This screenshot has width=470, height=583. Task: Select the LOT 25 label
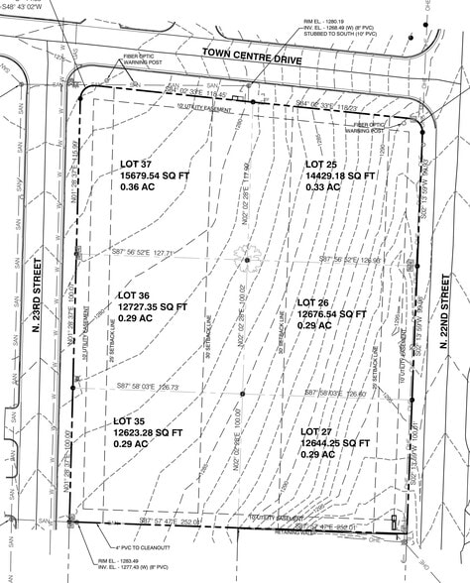pos(323,164)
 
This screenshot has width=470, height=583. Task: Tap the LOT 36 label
pos(134,295)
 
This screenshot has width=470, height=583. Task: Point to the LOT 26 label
pos(319,301)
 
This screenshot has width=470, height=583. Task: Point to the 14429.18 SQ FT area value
pos(341,175)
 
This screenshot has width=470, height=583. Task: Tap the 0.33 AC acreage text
pos(321,187)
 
